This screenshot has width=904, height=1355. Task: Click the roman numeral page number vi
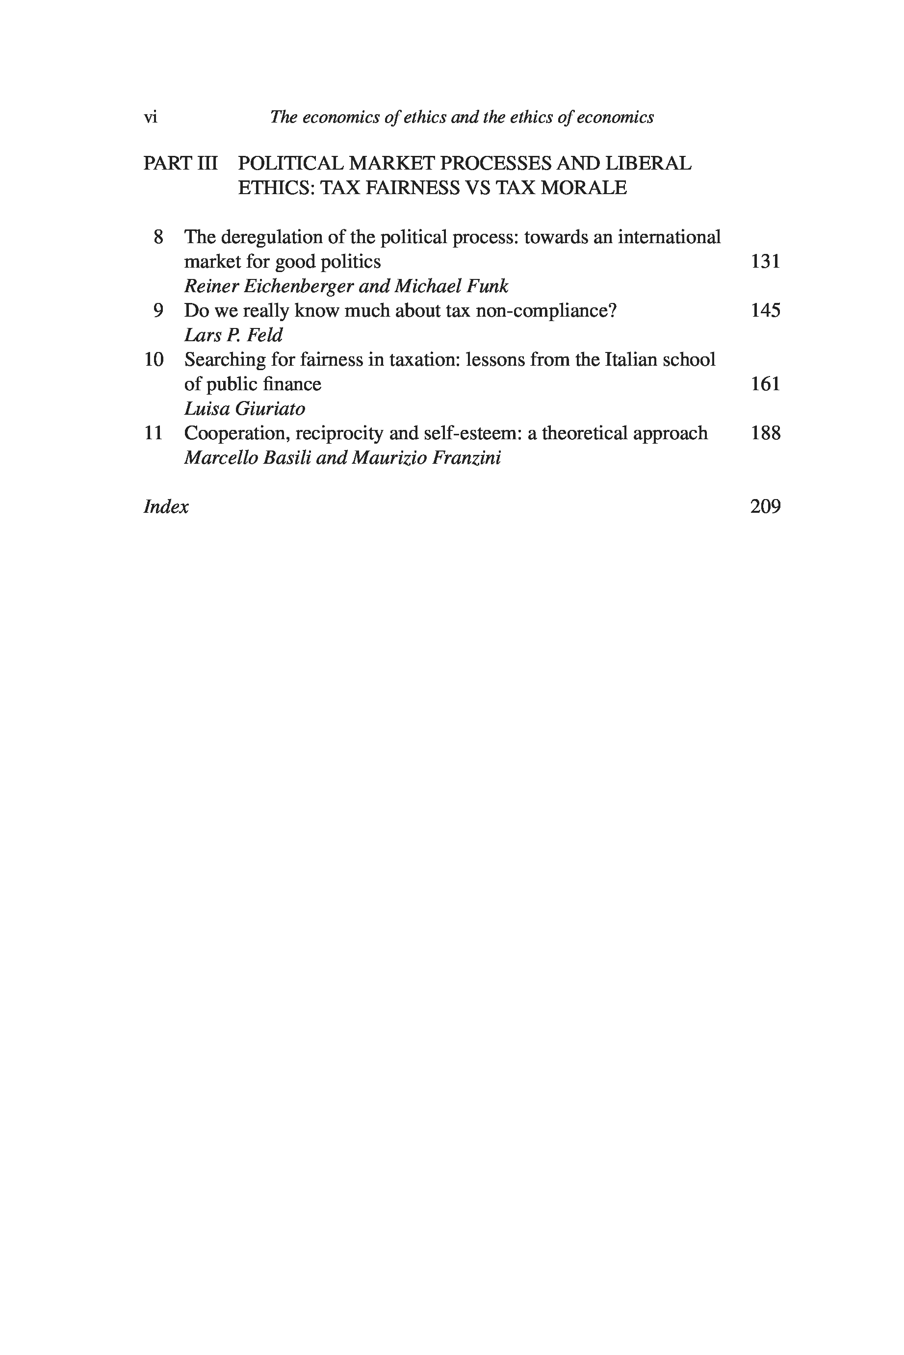point(150,118)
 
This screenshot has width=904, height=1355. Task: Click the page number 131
point(765,262)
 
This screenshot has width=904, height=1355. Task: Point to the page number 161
point(765,384)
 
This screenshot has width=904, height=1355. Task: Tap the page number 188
point(765,433)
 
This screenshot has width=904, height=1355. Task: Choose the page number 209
point(765,506)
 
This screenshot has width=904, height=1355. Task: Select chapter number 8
point(158,237)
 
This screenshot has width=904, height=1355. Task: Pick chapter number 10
point(154,359)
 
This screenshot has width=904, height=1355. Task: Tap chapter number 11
point(154,433)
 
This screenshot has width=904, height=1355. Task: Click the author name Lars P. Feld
point(233,335)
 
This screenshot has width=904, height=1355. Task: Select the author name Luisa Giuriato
point(244,408)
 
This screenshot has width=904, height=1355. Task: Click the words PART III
point(181,164)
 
